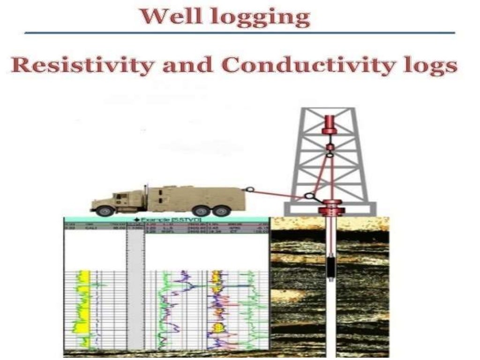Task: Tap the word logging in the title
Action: pyautogui.click(x=262, y=17)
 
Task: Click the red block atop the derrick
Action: pyautogui.click(x=330, y=123)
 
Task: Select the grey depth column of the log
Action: pyautogui.click(x=135, y=286)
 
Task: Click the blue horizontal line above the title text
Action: pyautogui.click(x=239, y=33)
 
